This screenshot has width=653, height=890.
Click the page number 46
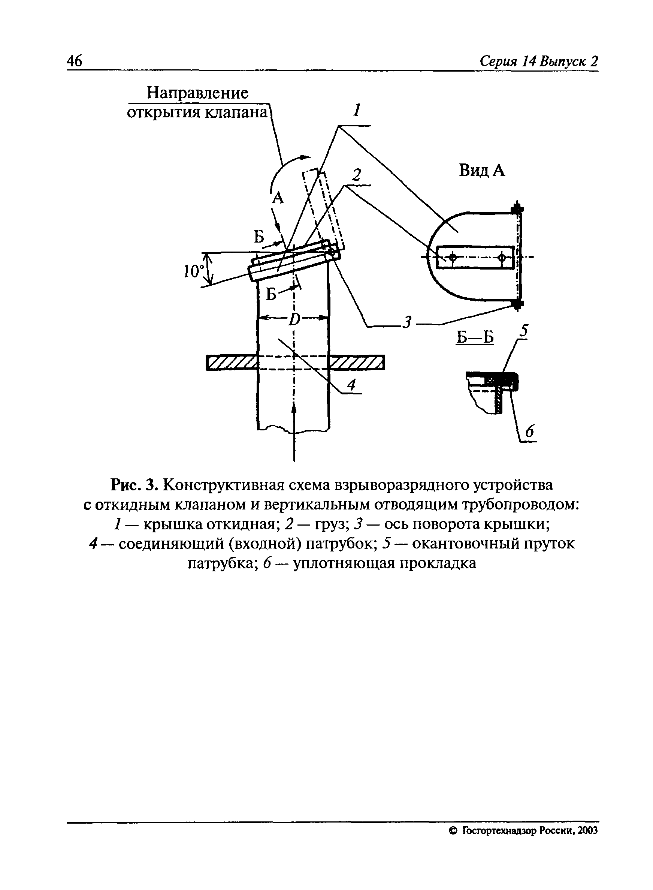[75, 61]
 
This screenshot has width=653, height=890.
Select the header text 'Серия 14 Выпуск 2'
[538, 61]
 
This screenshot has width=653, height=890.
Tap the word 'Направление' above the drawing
[198, 93]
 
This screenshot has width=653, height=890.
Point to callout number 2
[357, 175]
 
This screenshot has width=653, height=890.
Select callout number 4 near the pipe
[351, 385]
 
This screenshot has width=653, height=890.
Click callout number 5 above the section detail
[524, 331]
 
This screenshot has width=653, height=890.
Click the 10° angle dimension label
[193, 271]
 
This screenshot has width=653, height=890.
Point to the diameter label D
[294, 319]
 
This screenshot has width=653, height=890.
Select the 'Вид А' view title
[482, 171]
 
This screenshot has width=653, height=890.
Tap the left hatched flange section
[232, 362]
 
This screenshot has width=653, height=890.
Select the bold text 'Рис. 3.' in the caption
[135, 485]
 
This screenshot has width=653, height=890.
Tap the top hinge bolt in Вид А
[517, 208]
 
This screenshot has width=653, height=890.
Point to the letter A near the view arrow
[279, 198]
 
